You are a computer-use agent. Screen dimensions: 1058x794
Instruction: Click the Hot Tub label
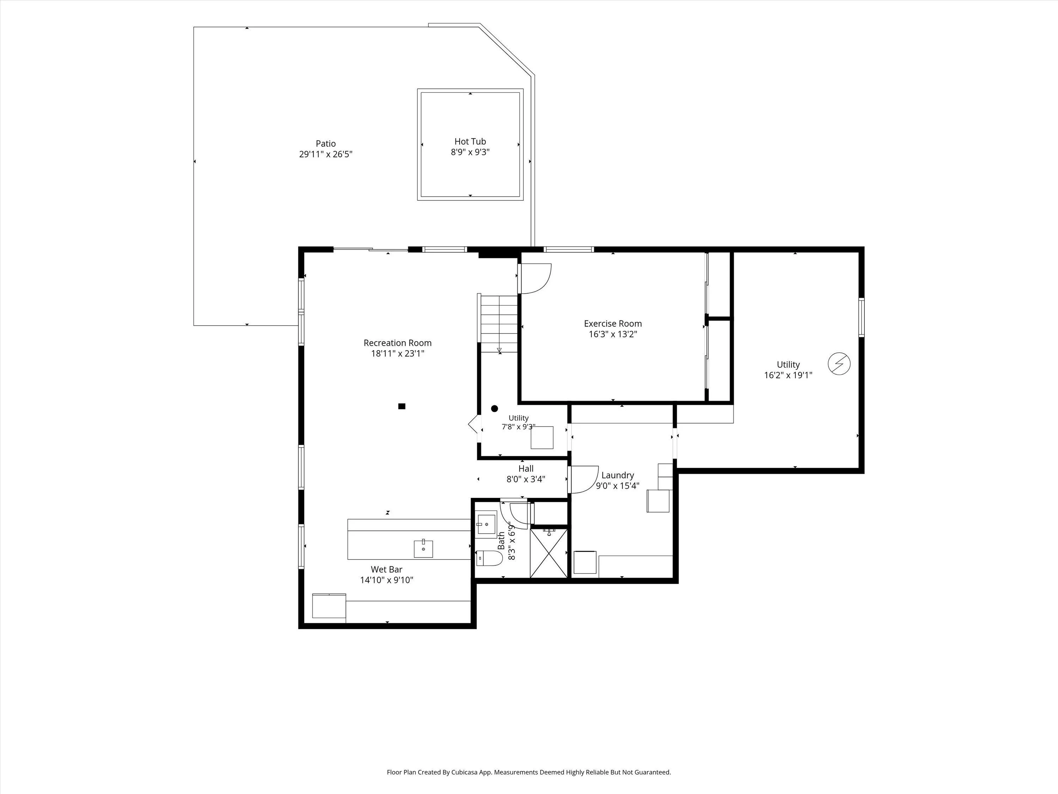pos(470,142)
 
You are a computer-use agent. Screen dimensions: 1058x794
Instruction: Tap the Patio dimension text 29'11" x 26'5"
pos(326,154)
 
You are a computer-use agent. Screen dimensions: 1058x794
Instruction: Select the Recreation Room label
pos(397,343)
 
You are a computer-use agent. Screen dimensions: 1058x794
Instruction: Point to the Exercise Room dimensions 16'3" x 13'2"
pos(613,334)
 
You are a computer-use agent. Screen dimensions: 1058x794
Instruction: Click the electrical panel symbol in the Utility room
pos(839,364)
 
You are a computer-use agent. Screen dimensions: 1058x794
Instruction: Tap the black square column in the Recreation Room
pos(402,406)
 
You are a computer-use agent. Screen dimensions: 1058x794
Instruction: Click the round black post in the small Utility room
pos(494,409)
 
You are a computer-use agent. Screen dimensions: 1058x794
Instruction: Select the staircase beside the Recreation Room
pos(498,324)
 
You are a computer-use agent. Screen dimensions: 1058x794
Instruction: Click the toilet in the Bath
pos(489,558)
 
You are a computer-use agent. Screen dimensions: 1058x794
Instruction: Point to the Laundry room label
pos(618,475)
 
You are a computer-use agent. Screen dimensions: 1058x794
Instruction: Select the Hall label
pos(526,469)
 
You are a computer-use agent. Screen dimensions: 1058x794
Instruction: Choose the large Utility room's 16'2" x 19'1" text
pos(788,375)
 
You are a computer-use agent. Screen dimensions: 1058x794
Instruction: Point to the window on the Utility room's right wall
pos(862,317)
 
